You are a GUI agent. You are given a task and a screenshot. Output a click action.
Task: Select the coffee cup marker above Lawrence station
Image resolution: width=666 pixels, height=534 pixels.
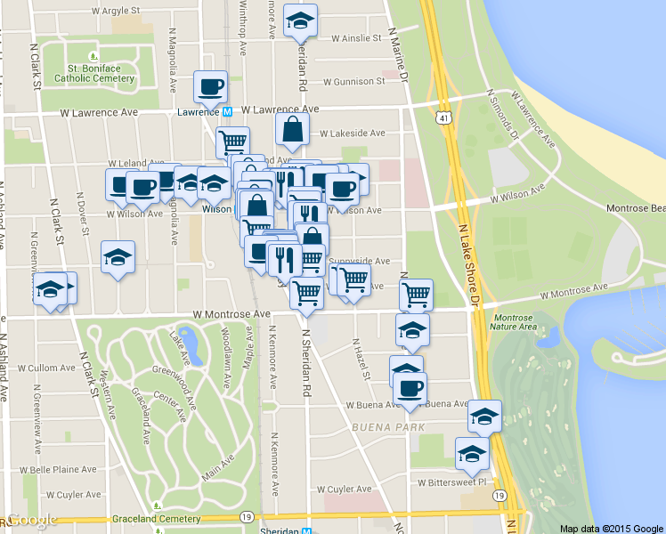click(x=211, y=87)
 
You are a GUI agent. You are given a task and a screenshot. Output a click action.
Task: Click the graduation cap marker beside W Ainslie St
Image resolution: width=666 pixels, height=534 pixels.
click(x=301, y=20)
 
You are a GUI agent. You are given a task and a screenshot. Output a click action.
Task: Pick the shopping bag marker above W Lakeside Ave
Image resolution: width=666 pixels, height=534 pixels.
click(x=292, y=131)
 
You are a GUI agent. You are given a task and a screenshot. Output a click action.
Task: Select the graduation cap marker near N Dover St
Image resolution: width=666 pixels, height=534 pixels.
click(x=118, y=258)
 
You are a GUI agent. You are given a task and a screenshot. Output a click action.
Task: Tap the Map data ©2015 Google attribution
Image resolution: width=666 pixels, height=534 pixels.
click(x=611, y=529)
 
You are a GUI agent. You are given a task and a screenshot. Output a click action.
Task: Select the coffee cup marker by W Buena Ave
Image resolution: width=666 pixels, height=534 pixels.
click(x=410, y=388)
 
